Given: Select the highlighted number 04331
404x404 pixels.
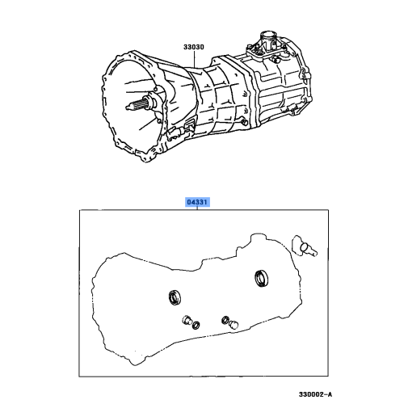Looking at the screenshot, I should point(198,204).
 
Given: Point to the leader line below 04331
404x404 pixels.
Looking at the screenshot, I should point(199,211).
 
